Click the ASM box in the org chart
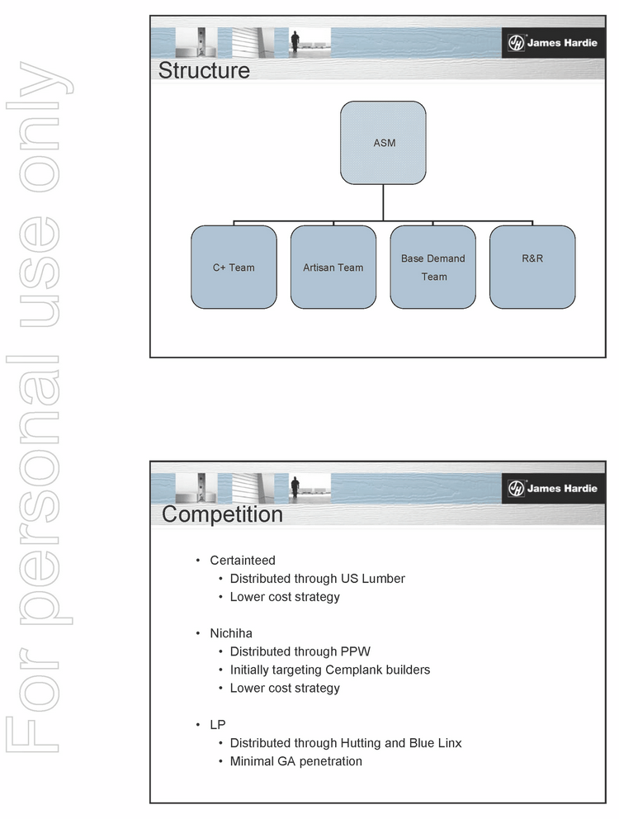point(383,143)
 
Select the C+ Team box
point(234,267)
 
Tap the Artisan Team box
point(333,267)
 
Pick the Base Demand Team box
point(433,267)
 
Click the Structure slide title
point(204,70)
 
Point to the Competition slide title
point(222,514)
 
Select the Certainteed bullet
point(242,561)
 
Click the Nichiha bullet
point(230,633)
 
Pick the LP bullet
point(217,724)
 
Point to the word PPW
point(356,651)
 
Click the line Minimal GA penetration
point(295,761)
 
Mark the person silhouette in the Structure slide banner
point(295,41)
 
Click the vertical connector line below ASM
point(383,202)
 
